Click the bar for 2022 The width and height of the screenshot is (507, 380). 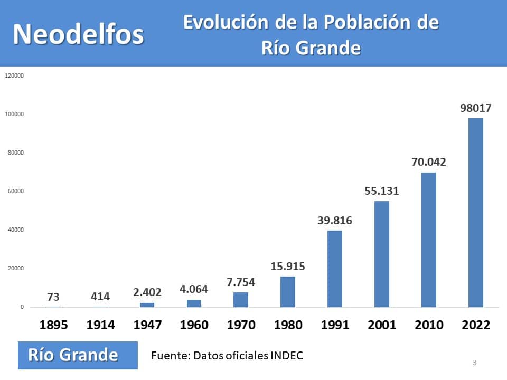tap(476, 213)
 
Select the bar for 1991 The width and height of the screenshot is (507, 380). tap(335, 269)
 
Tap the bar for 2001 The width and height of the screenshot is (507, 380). tap(382, 254)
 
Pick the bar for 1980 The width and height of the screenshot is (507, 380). tap(288, 292)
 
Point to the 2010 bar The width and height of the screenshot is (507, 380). tap(429, 240)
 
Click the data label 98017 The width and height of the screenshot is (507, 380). tap(476, 108)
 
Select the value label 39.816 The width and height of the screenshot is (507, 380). tap(335, 221)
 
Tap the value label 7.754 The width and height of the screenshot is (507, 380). tap(241, 282)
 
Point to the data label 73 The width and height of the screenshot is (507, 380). tap(53, 297)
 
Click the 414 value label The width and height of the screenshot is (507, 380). tap(100, 296)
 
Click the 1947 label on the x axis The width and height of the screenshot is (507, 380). tap(147, 325)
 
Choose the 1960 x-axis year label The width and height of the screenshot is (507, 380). tap(194, 325)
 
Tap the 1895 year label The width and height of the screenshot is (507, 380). tap(53, 325)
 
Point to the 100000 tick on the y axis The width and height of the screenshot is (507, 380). tap(14, 114)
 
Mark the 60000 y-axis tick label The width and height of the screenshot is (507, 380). tap(16, 191)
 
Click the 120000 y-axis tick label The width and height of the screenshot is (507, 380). tap(14, 75)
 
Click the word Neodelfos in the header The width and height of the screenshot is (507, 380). tap(78, 34)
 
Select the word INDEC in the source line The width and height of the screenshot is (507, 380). tap(287, 355)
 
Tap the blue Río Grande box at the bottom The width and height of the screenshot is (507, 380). tap(78, 355)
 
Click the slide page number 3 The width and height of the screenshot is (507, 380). tap(475, 363)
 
